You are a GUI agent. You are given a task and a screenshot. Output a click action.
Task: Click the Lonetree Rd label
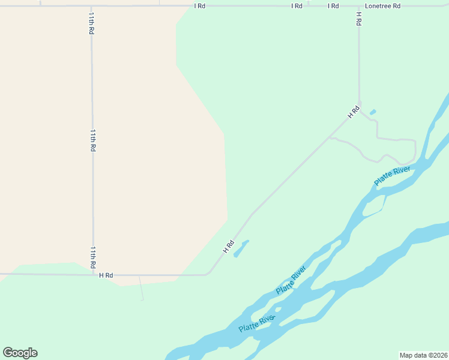382,6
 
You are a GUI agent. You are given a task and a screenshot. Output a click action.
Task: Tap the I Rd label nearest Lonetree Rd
333,6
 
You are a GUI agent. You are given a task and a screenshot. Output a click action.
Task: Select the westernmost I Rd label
200,6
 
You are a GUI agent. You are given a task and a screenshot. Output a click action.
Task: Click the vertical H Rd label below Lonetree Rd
358,19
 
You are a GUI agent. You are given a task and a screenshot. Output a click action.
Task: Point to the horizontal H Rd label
106,275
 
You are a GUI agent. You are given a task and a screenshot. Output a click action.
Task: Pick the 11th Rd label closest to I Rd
91,22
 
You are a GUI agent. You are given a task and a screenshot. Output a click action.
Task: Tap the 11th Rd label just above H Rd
93,256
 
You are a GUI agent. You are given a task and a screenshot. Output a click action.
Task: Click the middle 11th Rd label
93,139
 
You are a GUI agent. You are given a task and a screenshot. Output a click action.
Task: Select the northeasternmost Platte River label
393,176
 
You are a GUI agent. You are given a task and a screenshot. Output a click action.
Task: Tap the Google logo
20,353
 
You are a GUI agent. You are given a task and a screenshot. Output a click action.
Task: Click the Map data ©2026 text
423,355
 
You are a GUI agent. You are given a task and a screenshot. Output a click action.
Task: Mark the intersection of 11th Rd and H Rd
93,275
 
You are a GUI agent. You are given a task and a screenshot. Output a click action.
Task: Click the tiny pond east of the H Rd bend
373,112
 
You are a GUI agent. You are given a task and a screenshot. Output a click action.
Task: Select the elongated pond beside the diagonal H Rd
241,248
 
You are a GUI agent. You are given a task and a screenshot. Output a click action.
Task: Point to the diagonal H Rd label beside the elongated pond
228,246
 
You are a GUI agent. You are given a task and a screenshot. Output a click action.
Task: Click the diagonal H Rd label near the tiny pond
354,111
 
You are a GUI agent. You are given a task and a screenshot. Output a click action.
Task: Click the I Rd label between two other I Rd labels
297,6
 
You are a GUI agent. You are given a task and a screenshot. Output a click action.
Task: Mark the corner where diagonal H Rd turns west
207,274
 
